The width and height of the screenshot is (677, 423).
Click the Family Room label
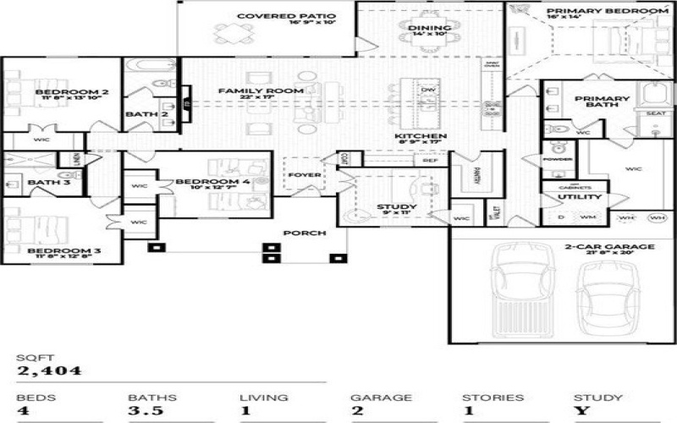249,91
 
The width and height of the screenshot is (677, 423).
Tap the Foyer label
305,176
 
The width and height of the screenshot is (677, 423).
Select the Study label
396,206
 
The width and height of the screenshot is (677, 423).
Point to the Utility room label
579,197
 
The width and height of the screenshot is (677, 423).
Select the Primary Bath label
603,99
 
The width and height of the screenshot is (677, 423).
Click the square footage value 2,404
50,370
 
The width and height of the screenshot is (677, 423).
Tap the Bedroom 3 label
52,251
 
